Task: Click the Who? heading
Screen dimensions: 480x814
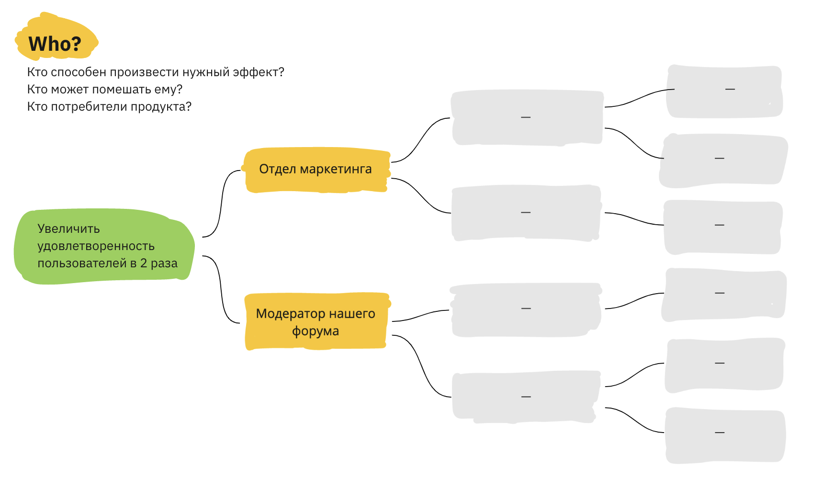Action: (x=55, y=44)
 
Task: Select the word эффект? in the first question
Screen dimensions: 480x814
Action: (x=258, y=72)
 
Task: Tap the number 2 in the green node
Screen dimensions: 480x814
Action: (x=144, y=263)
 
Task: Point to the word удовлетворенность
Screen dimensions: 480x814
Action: (x=96, y=246)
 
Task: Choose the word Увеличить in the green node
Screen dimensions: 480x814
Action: (x=68, y=229)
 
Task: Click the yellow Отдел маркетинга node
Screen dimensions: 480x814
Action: (x=316, y=169)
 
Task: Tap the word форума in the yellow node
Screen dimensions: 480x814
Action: (x=316, y=331)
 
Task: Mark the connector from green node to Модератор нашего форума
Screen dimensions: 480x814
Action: (x=221, y=290)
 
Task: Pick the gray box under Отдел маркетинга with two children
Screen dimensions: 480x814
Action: (x=526, y=117)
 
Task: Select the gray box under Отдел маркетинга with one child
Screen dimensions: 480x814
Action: (x=526, y=213)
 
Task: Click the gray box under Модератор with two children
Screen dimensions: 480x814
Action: (x=526, y=397)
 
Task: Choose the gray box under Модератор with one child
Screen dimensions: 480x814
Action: (x=526, y=309)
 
